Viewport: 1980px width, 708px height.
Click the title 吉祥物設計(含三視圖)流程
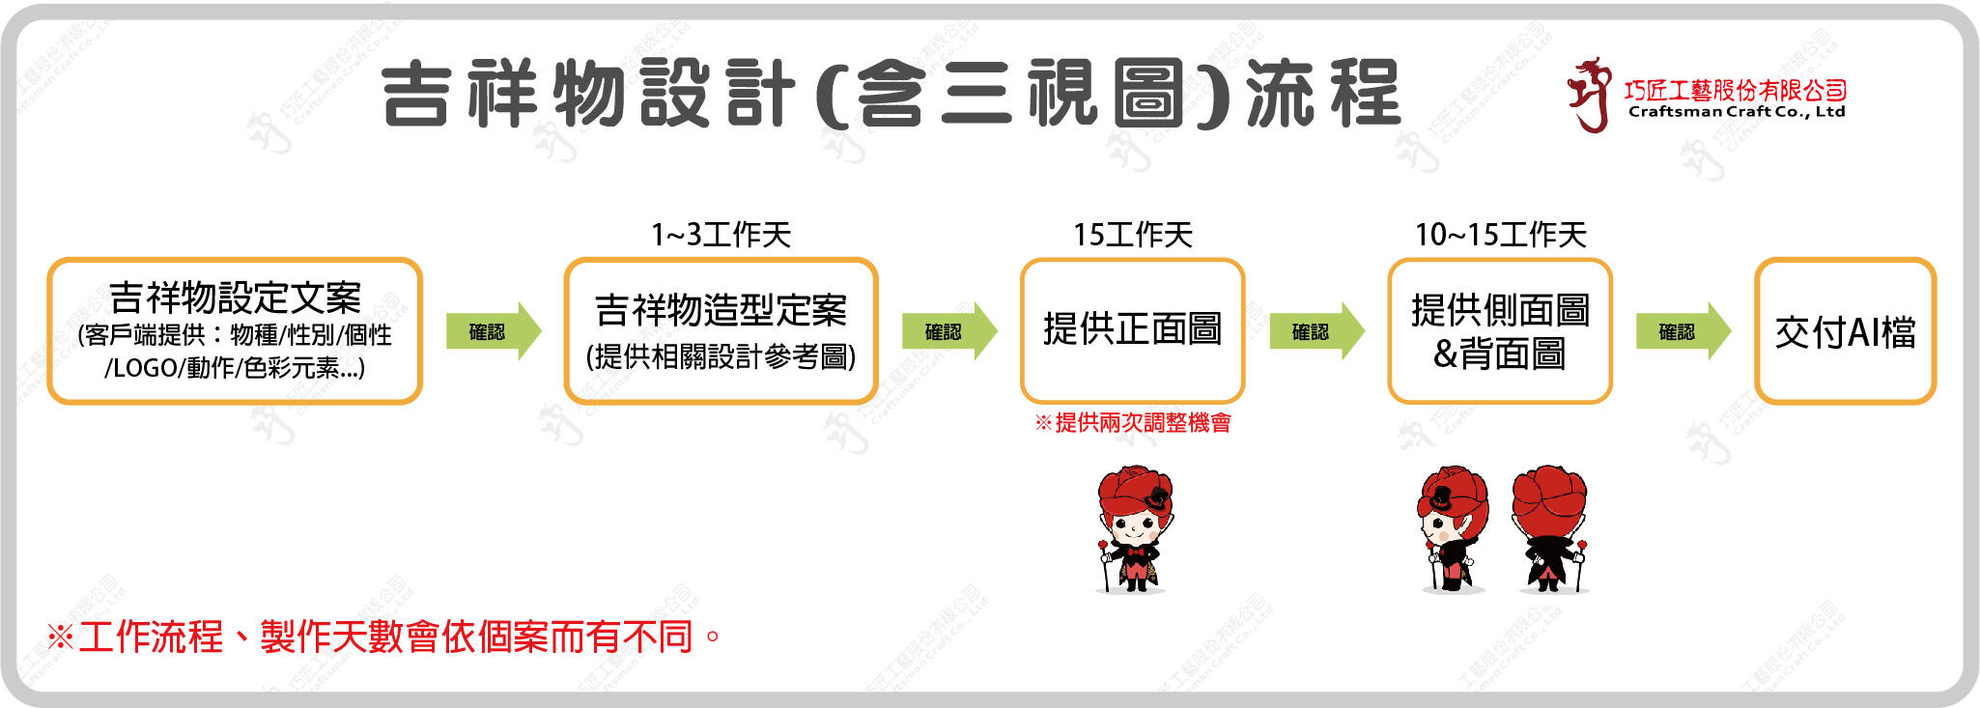click(891, 93)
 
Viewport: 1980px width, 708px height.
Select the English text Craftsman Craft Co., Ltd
click(1736, 112)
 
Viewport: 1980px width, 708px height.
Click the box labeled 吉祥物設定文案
click(235, 330)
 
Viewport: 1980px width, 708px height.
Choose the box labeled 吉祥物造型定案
click(721, 330)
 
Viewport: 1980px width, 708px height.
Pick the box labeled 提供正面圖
click(1132, 330)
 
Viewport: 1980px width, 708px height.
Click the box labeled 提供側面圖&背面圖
click(1499, 330)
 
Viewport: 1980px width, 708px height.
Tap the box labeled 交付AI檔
click(1845, 330)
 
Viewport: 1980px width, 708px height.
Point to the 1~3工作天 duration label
click(721, 235)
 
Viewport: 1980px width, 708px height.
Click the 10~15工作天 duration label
click(1500, 235)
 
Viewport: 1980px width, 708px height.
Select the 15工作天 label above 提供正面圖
click(1132, 235)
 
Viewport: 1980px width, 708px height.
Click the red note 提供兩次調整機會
click(1133, 422)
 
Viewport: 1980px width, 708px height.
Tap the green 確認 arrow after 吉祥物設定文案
click(493, 331)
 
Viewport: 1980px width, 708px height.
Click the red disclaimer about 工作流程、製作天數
click(384, 637)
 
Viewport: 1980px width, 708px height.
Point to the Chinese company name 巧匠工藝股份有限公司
click(1736, 91)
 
